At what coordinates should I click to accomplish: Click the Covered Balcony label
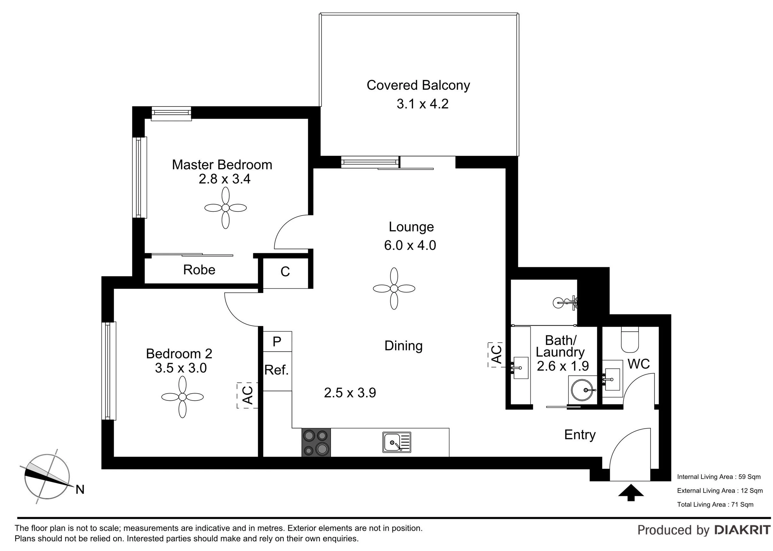(418, 85)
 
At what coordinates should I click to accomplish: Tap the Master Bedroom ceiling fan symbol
(226, 208)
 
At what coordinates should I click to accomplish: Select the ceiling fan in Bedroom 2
(182, 397)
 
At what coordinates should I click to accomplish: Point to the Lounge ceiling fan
(394, 288)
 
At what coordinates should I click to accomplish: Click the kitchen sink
(397, 442)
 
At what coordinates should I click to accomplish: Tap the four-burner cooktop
(316, 443)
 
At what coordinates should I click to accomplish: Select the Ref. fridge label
(276, 370)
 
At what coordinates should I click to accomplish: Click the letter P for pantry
(277, 341)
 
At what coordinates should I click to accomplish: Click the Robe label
(199, 270)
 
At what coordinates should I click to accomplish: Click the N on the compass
(80, 489)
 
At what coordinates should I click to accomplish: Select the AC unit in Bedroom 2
(247, 395)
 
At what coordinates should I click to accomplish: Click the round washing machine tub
(582, 390)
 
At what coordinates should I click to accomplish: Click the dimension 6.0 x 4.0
(410, 245)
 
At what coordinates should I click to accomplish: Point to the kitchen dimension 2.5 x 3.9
(350, 393)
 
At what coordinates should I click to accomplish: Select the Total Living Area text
(715, 504)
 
